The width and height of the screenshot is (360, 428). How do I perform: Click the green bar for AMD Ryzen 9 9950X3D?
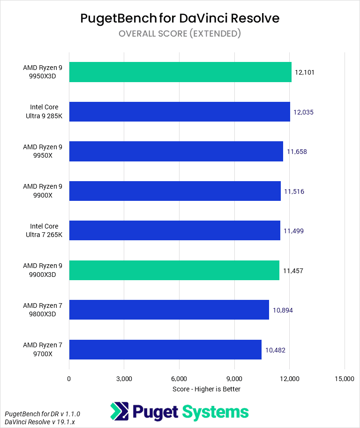tap(180, 72)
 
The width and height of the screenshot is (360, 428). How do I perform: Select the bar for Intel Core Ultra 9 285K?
tap(180, 112)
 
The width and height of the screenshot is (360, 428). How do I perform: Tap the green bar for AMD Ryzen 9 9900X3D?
tap(174, 270)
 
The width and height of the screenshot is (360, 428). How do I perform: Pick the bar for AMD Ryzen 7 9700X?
tap(165, 350)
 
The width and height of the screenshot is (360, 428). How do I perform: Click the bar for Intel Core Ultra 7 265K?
tap(174, 231)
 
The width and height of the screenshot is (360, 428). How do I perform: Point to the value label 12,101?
tap(304, 73)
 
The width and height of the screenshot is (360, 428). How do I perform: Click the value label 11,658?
tap(297, 152)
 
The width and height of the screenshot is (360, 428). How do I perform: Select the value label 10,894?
tap(283, 310)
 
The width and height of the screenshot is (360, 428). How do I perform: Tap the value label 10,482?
tap(275, 350)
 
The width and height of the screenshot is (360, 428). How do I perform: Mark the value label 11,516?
tap(294, 191)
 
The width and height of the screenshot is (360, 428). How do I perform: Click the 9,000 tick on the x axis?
tap(234, 379)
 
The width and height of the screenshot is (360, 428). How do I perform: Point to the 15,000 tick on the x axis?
tap(345, 379)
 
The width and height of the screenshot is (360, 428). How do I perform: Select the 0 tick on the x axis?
tap(69, 379)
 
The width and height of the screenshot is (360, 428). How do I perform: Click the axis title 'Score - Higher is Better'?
tap(206, 389)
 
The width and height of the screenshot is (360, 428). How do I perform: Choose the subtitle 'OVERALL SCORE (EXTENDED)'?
tap(180, 33)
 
